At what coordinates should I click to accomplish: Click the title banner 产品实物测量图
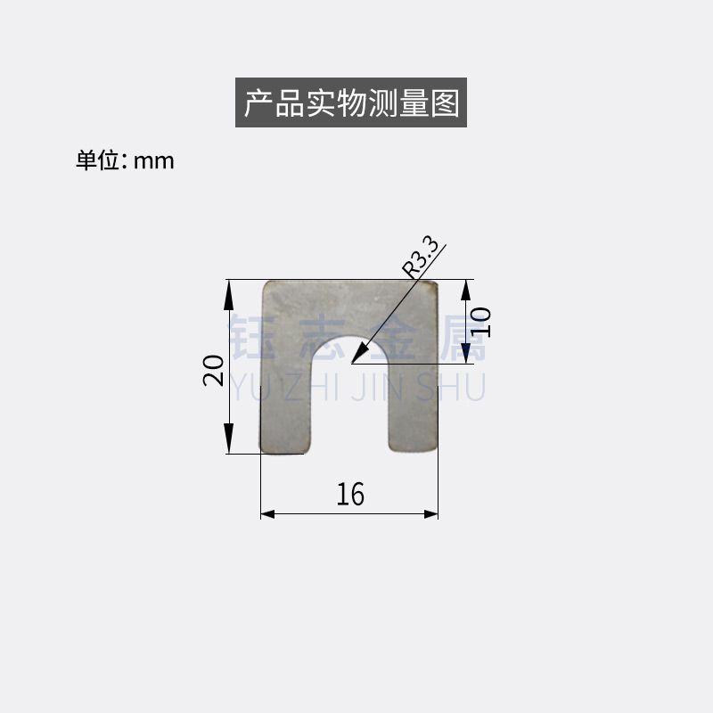pyautogui.click(x=351, y=103)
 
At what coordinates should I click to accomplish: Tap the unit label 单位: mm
pyautogui.click(x=125, y=160)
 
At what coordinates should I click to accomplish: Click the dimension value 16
pyautogui.click(x=350, y=494)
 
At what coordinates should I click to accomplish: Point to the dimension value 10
pyautogui.click(x=480, y=321)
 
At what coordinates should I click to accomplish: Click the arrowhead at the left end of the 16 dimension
pyautogui.click(x=267, y=514)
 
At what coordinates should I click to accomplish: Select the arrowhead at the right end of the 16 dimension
pyautogui.click(x=431, y=514)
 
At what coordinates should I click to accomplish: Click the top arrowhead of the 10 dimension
pyautogui.click(x=466, y=290)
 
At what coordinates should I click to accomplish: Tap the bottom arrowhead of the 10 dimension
pyautogui.click(x=466, y=353)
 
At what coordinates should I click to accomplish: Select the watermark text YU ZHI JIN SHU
pyautogui.click(x=357, y=389)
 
